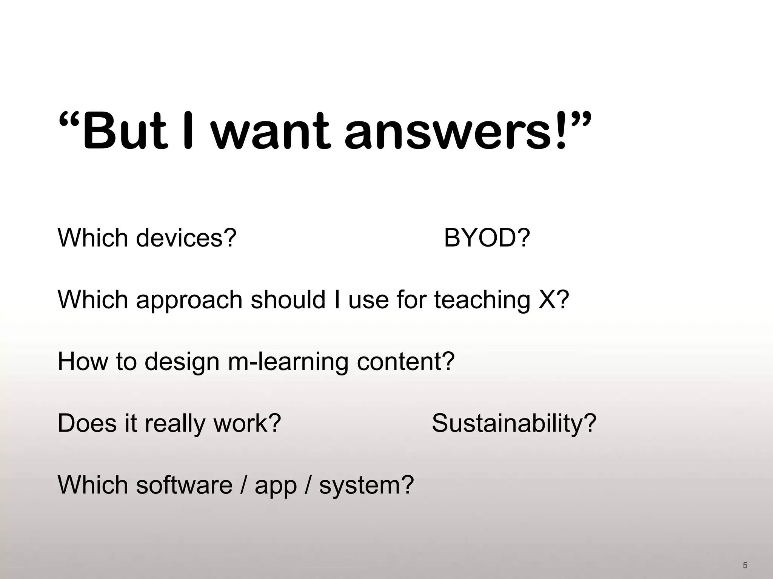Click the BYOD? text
point(487,238)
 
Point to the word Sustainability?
point(514,423)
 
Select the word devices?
point(186,238)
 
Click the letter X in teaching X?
point(547,300)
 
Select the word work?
point(247,423)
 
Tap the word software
point(184,485)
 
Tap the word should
point(288,300)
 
